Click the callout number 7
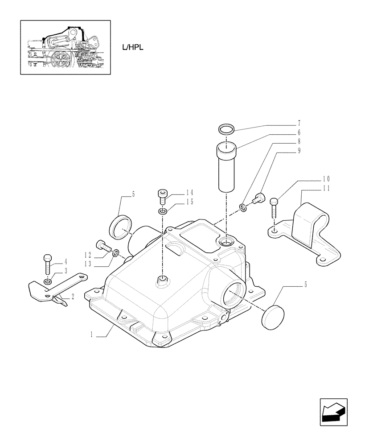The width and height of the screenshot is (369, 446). [x=299, y=123]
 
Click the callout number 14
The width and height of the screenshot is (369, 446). [x=190, y=193]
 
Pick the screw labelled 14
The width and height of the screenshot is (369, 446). [x=162, y=195]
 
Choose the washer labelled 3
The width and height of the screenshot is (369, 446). [x=48, y=282]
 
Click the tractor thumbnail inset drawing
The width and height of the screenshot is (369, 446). [x=65, y=46]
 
